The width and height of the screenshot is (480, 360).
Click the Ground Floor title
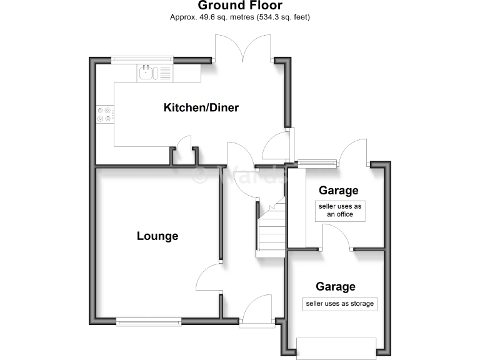pos(240,6)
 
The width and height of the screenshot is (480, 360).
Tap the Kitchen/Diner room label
pos(201,107)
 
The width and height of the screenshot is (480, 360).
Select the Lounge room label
pos(157,236)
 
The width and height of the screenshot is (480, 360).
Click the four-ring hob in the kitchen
pos(104,114)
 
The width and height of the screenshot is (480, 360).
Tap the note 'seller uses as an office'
pos(339,210)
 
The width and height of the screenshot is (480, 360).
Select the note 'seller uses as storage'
pos(339,304)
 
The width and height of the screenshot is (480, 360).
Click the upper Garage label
pos(339,190)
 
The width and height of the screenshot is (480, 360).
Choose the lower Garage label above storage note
pos(336,287)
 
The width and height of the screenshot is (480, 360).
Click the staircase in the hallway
pos(271,231)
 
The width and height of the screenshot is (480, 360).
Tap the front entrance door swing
pos(256,310)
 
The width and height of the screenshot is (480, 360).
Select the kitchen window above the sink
pos(142,60)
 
